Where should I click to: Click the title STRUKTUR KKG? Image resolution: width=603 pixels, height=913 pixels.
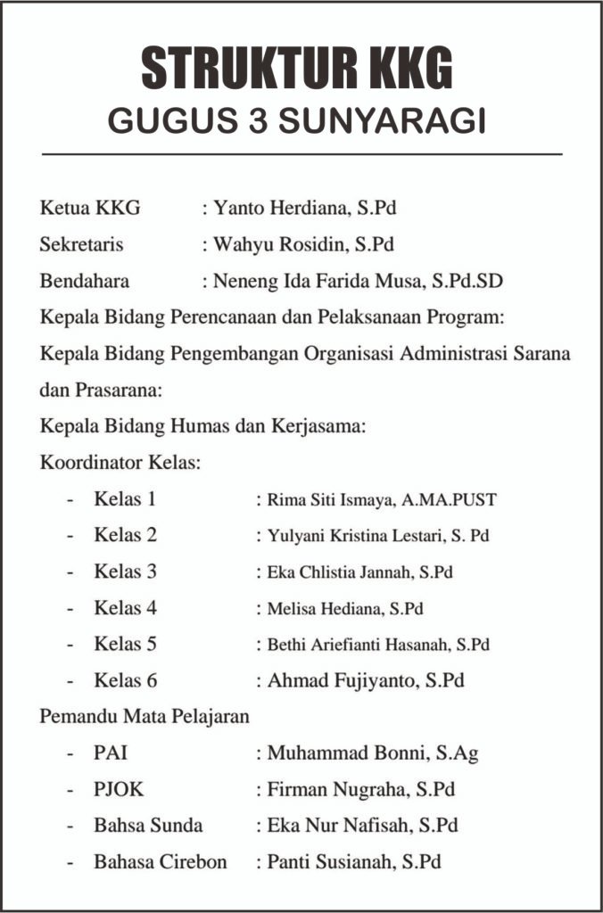pos(298,68)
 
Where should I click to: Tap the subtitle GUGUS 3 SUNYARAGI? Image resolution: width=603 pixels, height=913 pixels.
pos(298,121)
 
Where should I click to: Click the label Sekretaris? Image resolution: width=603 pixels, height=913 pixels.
pos(82,244)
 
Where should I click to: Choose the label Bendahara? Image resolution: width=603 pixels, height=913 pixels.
pos(85,281)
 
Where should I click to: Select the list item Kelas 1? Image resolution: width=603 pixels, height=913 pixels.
pos(125,499)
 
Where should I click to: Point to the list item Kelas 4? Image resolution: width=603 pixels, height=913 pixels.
pos(125,608)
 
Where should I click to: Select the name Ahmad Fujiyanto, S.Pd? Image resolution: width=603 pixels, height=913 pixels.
pos(366,680)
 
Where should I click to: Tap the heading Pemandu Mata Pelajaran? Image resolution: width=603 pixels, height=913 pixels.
pos(145,716)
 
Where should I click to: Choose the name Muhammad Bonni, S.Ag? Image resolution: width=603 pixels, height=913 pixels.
pos(373,753)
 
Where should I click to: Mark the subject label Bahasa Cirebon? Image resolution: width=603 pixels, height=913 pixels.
pos(160,862)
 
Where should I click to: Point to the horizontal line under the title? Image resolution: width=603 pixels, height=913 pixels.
pos(301,155)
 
